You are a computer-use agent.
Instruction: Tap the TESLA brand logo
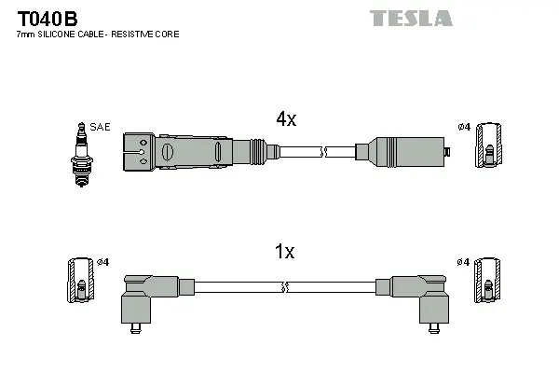411,18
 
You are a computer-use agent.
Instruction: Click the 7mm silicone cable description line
98,35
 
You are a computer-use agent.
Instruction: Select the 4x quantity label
285,119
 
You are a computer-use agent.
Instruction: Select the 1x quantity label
285,252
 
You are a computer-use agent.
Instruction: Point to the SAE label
100,127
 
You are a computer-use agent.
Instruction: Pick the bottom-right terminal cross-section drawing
486,279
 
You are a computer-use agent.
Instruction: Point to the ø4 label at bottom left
102,262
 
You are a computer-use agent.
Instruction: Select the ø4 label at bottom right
463,262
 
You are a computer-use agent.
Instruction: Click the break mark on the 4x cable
323,150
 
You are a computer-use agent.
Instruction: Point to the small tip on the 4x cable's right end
447,151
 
